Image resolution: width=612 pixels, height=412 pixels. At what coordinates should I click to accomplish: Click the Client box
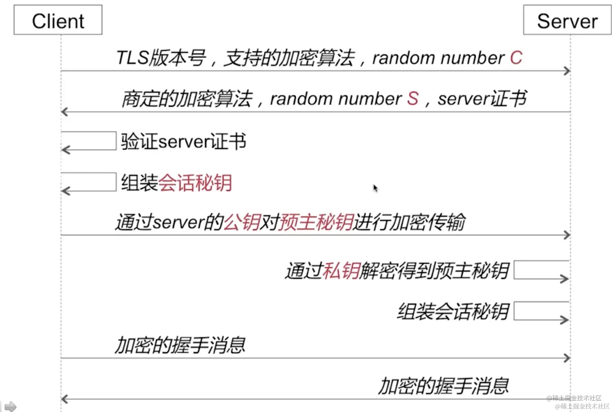(x=58, y=20)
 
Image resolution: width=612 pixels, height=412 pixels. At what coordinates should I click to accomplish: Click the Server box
(x=567, y=20)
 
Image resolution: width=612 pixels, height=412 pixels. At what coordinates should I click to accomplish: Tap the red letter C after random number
(x=516, y=58)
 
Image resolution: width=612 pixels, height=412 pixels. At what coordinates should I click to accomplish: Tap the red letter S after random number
(x=413, y=99)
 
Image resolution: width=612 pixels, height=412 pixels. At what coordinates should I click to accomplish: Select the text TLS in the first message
(x=132, y=57)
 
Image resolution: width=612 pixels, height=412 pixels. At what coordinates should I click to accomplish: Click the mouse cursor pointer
(x=375, y=188)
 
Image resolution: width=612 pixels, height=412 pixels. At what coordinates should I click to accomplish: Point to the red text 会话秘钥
(x=195, y=183)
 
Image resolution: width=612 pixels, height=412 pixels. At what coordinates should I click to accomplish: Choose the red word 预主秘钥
(x=316, y=222)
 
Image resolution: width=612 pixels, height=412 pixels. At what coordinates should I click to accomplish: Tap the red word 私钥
(x=341, y=271)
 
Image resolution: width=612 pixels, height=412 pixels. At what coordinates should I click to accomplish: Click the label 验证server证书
(x=184, y=141)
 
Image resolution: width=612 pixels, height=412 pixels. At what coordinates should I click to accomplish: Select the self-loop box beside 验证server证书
(x=89, y=141)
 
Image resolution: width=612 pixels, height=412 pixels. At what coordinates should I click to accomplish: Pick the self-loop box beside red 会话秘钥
(x=89, y=182)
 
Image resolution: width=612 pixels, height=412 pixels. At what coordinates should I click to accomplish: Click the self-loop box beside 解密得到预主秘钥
(x=541, y=270)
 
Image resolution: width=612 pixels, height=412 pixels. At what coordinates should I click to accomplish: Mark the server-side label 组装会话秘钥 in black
(x=453, y=312)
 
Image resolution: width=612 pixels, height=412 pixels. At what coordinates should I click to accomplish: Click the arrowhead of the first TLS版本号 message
(x=567, y=71)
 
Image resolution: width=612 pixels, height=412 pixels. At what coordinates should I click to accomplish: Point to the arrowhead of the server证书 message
(x=64, y=112)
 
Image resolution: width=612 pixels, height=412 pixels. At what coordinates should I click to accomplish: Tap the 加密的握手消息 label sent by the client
(x=180, y=345)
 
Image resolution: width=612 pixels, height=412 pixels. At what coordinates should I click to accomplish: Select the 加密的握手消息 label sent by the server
(x=443, y=386)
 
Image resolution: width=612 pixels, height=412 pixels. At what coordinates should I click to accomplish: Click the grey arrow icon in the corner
(x=10, y=407)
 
